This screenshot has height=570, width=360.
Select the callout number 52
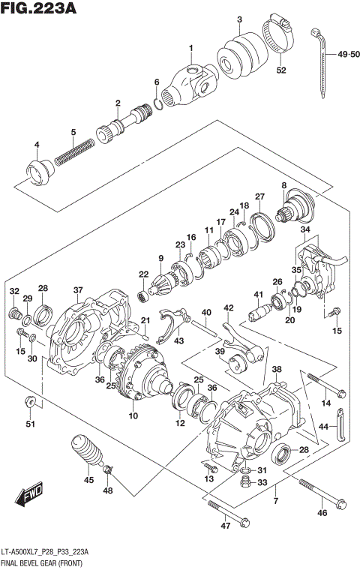pyautogui.click(x=281, y=70)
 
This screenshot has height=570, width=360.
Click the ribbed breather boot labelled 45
pyautogui.click(x=87, y=454)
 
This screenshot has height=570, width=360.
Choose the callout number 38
pyautogui.click(x=277, y=370)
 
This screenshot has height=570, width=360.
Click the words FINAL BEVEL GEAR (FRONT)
pyautogui.click(x=45, y=561)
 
